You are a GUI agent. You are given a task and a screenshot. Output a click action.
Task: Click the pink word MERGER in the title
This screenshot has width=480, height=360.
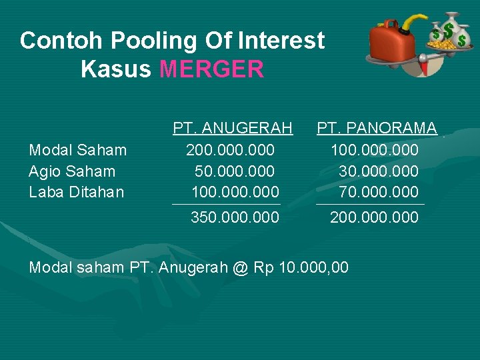212,69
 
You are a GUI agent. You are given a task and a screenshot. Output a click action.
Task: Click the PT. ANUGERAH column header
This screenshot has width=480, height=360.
233,128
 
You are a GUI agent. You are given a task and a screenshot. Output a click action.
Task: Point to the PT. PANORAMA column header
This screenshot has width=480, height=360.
377,128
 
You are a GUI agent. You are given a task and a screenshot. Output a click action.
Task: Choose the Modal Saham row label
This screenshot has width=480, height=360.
78,151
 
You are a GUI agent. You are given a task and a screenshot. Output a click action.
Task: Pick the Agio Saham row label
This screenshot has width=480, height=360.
72,171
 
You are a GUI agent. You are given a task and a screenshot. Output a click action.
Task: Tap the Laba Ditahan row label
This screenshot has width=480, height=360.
77,193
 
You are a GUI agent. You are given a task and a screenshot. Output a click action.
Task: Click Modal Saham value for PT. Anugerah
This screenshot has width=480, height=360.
230,151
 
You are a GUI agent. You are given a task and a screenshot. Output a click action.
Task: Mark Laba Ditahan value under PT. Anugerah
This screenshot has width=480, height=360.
235,193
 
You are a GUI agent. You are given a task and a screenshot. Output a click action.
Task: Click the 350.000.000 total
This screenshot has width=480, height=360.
235,217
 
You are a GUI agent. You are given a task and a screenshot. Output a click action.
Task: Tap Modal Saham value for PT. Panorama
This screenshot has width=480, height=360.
375,151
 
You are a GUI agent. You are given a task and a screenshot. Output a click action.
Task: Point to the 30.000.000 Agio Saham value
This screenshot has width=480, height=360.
379,171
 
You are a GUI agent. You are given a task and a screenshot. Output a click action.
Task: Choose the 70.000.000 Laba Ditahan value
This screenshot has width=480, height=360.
379,193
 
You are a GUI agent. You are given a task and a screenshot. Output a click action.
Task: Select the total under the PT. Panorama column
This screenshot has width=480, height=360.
375,217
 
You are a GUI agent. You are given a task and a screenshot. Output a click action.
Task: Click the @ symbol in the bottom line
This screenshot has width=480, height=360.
240,268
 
